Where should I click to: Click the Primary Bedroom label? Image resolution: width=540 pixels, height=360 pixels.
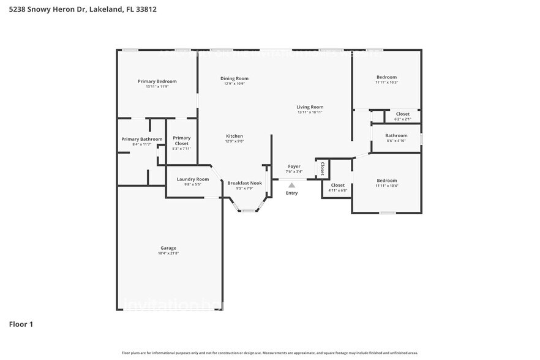coord(157,81)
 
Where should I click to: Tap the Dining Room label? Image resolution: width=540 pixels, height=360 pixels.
coord(234,78)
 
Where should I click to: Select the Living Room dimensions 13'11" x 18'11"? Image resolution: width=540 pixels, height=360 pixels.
coord(310,112)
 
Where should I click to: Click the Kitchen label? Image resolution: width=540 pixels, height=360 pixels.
coord(234,136)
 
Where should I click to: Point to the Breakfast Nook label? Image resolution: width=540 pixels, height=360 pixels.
coord(245,183)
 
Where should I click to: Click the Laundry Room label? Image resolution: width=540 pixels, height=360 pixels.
coord(193,179)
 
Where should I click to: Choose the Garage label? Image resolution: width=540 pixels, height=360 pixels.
coord(168,248)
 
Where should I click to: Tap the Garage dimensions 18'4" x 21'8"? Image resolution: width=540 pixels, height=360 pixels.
coord(168,253)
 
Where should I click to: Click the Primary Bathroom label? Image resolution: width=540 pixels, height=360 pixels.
coord(142,139)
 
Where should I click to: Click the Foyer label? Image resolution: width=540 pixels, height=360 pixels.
coord(294,166)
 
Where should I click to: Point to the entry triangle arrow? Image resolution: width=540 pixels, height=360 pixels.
coord(292,184)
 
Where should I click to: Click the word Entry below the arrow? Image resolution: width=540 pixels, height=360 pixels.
coord(292,193)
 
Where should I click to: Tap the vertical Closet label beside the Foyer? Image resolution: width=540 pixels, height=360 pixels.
coord(322,169)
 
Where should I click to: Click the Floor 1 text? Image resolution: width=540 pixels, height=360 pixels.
coord(21,324)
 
